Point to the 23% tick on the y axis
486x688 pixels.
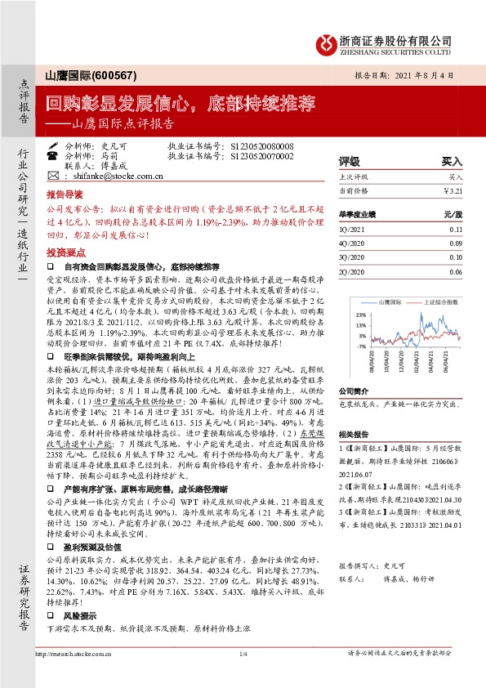pyautogui.click(x=360, y=314)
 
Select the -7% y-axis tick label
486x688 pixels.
pyautogui.click(x=360, y=346)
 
